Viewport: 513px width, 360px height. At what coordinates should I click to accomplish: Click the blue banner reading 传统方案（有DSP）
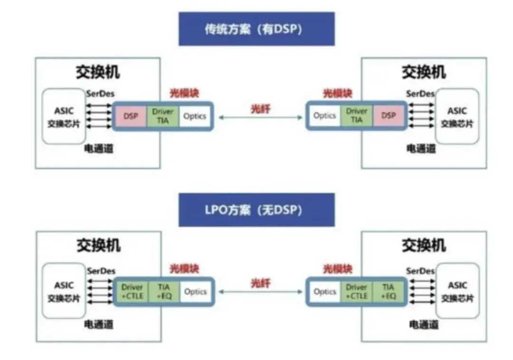point(256,29)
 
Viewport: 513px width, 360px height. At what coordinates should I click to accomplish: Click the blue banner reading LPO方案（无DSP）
point(256,210)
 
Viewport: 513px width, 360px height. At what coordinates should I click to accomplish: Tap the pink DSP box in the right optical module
point(388,115)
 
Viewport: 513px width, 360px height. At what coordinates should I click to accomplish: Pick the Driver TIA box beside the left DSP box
point(163,115)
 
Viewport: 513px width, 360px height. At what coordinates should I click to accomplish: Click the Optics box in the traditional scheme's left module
point(195,115)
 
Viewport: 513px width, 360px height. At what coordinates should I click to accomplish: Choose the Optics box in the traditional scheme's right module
point(325,115)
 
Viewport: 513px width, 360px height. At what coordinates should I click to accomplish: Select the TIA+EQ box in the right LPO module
point(388,291)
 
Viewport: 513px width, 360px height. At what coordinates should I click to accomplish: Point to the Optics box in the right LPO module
point(325,291)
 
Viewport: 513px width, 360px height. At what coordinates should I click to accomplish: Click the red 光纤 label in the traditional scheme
point(260,109)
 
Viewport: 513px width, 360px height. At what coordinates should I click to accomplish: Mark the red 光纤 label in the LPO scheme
point(260,284)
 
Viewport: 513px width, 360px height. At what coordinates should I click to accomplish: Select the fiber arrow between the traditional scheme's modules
point(260,117)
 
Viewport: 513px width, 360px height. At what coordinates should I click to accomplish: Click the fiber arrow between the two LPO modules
point(260,291)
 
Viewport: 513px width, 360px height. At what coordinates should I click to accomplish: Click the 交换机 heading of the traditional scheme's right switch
point(424,72)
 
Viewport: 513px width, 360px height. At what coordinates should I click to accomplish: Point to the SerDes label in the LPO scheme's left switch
point(101,271)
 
